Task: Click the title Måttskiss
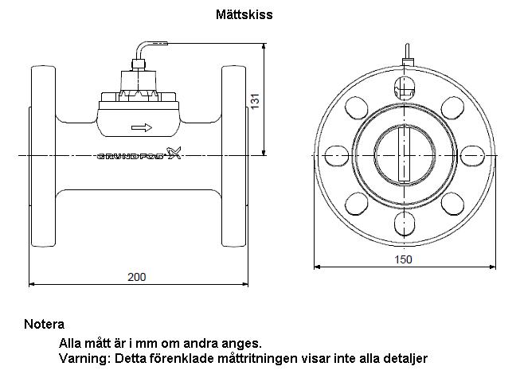click(x=244, y=14)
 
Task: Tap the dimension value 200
click(x=137, y=277)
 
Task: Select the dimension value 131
click(x=255, y=101)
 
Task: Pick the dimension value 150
click(x=403, y=259)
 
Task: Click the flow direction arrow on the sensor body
click(x=142, y=127)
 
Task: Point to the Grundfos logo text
click(x=139, y=154)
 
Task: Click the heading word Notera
click(x=44, y=324)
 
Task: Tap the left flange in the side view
click(x=43, y=156)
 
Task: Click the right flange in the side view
click(x=234, y=156)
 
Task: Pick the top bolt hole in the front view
click(x=405, y=88)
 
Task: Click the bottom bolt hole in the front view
click(x=405, y=223)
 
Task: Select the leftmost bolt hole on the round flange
click(x=336, y=155)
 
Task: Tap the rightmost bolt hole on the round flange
click(x=472, y=155)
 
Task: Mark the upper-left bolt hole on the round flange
click(x=357, y=107)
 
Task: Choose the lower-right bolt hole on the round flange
click(x=452, y=203)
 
